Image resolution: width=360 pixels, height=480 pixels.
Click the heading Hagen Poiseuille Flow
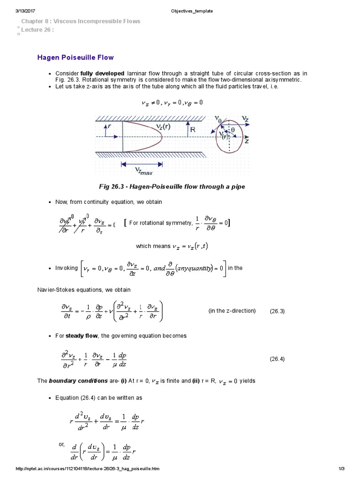coord(75,58)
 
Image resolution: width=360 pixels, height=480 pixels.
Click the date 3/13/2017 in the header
coord(26,11)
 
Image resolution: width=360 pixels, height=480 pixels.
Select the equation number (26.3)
coord(277,311)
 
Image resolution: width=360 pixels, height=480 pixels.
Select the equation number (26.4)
coord(277,359)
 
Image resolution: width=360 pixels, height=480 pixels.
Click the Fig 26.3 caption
coord(172,187)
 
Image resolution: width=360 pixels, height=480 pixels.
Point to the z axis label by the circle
coord(246,141)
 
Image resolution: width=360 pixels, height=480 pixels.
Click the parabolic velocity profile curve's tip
coord(162,137)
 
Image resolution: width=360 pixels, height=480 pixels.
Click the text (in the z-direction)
coord(232,311)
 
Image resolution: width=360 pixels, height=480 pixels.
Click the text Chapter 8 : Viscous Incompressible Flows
coord(81,21)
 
